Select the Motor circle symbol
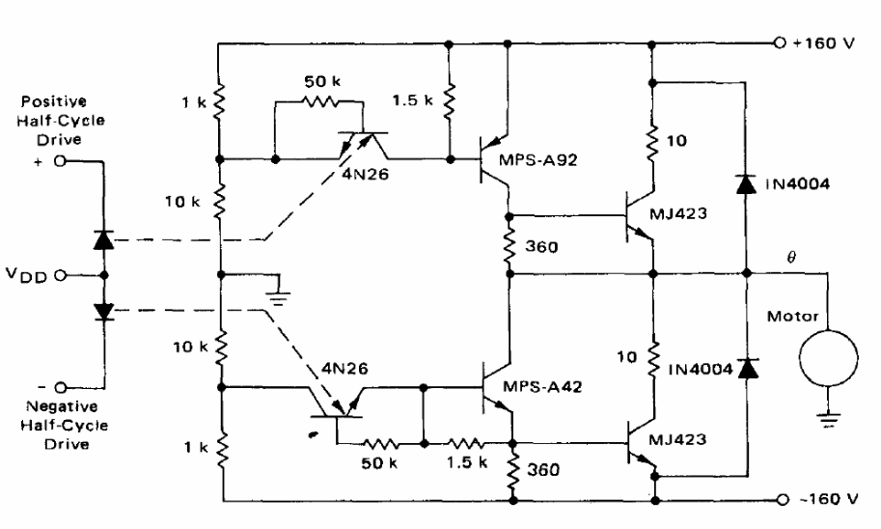click(828, 353)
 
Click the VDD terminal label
click(40, 274)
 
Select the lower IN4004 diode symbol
click(744, 367)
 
